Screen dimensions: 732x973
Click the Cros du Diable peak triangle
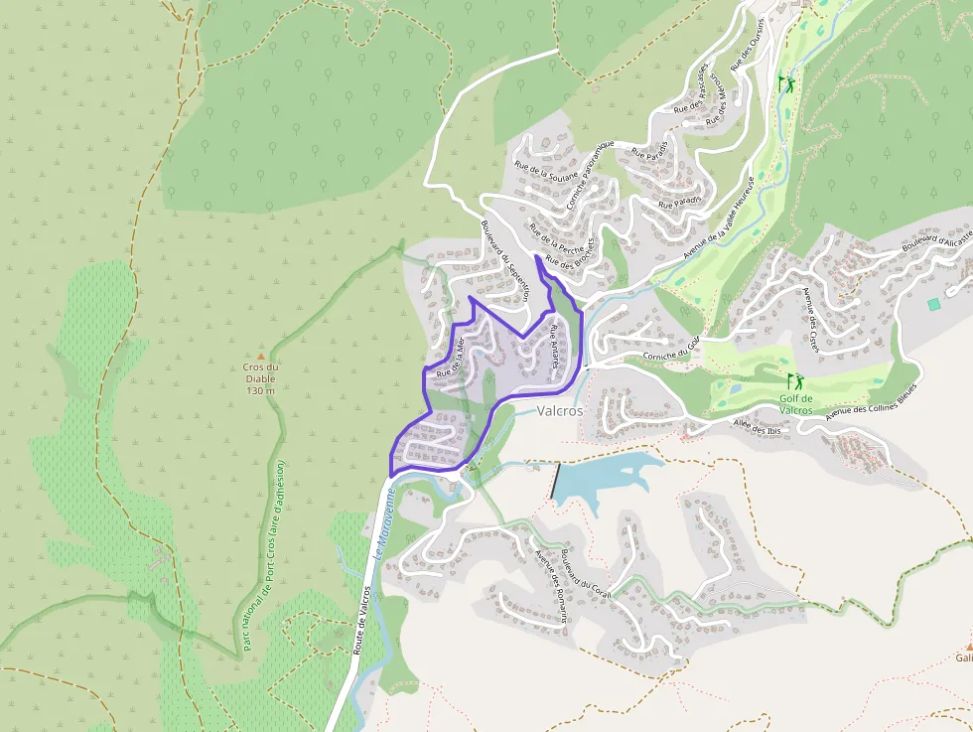click(x=261, y=356)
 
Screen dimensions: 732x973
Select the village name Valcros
click(x=560, y=410)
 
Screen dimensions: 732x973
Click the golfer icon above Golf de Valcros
click(x=794, y=380)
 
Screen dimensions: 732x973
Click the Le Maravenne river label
click(x=385, y=523)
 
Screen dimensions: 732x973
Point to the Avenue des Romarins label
click(x=551, y=586)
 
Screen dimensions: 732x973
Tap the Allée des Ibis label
click(x=759, y=428)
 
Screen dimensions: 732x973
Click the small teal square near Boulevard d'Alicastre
click(x=933, y=304)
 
